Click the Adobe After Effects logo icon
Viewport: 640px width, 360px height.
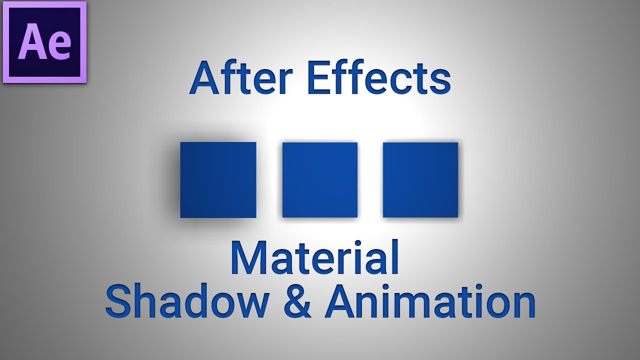pos(44,42)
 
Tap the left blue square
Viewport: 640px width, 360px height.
pos(218,180)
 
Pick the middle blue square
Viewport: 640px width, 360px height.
pos(320,180)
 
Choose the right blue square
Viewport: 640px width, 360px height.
pos(420,180)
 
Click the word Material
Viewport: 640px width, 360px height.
pos(315,258)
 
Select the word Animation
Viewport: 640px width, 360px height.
pos(430,301)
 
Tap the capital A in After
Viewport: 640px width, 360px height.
pos(204,78)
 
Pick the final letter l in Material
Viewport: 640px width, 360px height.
pos(395,257)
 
